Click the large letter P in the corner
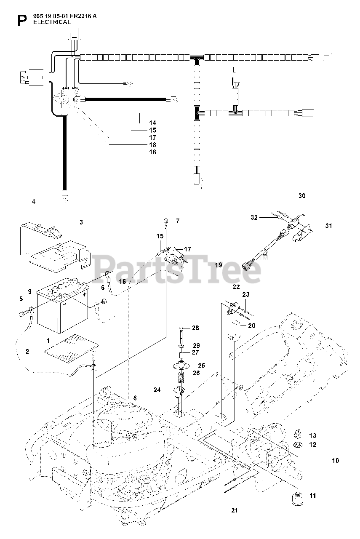click(21, 20)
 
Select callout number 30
click(301, 196)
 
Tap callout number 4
click(34, 201)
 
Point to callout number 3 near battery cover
click(82, 221)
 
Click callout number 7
click(178, 221)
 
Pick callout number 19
click(219, 265)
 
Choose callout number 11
click(312, 496)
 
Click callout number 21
click(235, 511)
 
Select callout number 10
click(335, 461)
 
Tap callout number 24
click(157, 390)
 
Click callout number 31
click(328, 226)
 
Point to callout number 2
click(27, 351)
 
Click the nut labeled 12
click(297, 445)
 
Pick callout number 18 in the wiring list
click(152, 144)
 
